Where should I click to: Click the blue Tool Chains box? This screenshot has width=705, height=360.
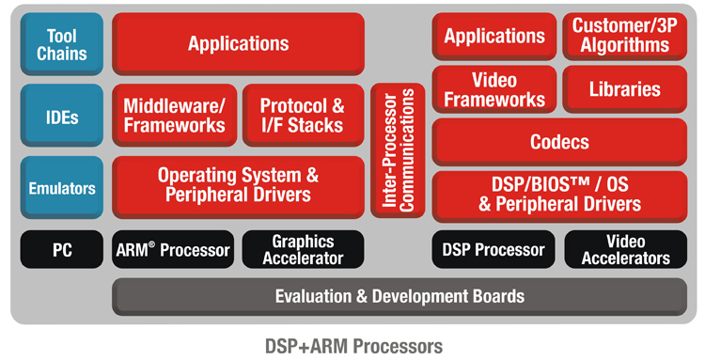62,44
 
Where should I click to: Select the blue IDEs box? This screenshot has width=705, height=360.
62,116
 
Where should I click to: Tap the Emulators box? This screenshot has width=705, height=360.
62,187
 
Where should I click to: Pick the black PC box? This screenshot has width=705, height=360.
62,249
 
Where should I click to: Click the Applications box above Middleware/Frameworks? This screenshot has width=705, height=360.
239,44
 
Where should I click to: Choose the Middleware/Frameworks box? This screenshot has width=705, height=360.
175,116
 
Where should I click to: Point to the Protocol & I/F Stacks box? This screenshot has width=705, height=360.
303,116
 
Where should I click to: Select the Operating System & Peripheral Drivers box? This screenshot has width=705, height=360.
239,187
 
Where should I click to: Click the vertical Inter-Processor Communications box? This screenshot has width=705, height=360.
398,150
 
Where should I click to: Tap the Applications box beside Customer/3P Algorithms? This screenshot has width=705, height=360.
494,37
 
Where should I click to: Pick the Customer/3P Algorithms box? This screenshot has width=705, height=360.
624,37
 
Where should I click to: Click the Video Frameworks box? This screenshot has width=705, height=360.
494,89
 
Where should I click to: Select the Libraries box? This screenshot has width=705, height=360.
624,89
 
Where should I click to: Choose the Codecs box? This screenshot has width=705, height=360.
559,142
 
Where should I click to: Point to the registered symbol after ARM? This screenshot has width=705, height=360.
151,244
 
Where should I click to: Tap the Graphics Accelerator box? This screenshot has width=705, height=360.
303,249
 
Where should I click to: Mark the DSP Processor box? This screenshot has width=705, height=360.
493,249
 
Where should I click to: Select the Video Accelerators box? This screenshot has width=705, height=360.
625,249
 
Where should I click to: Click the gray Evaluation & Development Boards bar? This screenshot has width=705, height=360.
399,297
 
